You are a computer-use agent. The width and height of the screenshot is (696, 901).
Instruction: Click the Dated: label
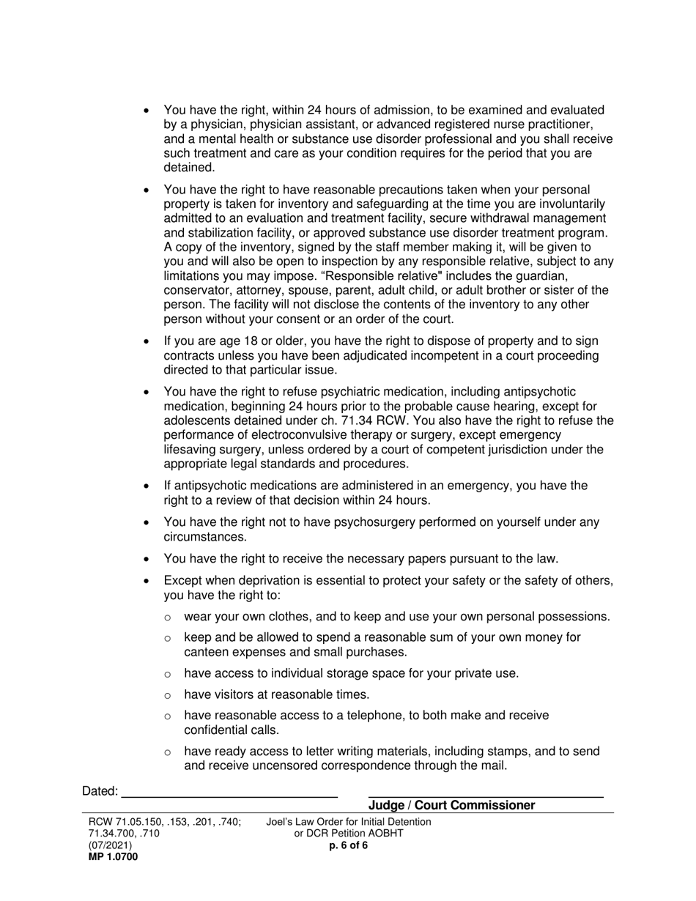[x=100, y=791]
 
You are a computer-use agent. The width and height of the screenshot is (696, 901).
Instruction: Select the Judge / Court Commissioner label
[x=451, y=806]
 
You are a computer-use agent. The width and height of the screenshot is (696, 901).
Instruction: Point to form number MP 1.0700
[x=113, y=856]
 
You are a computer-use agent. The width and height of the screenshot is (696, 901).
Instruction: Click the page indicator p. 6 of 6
[x=349, y=845]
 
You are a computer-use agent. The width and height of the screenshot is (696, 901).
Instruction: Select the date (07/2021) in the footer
[x=110, y=845]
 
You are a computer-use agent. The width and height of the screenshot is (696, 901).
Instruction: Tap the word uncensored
[x=292, y=765]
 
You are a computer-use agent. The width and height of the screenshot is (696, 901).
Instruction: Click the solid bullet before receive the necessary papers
[x=148, y=559]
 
